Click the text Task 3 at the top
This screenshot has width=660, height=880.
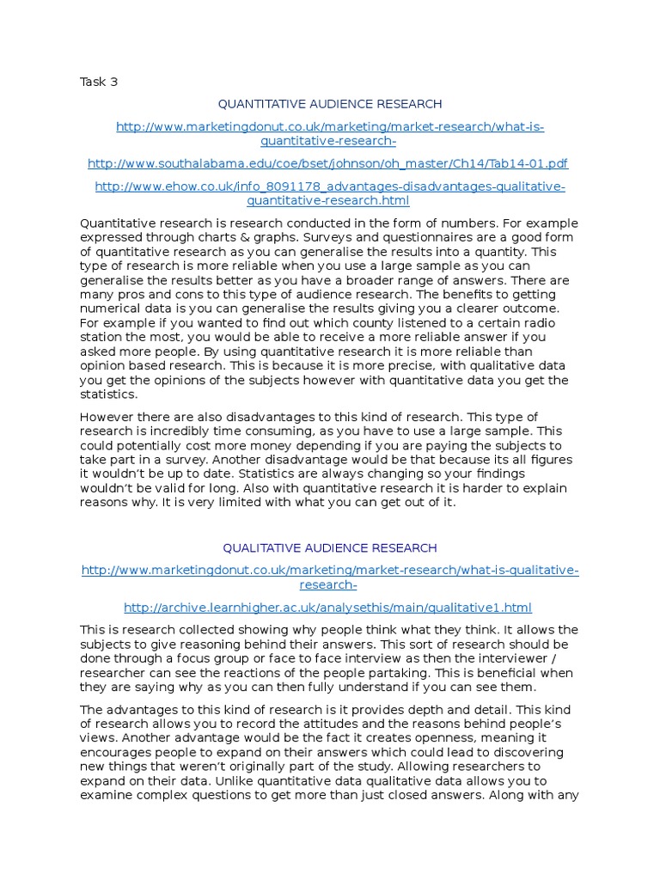(99, 82)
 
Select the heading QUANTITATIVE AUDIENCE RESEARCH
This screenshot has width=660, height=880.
(330, 104)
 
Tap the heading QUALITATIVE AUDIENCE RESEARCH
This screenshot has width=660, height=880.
(330, 547)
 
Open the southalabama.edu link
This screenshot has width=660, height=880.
(328, 163)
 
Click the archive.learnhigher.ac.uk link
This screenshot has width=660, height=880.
(328, 608)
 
